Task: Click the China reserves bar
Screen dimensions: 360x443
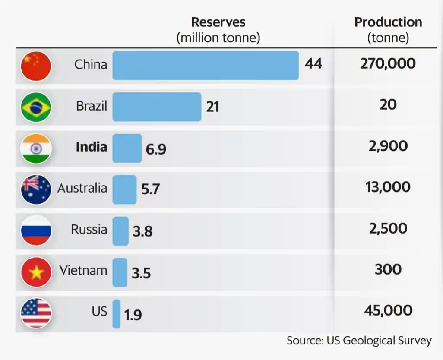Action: pos(206,65)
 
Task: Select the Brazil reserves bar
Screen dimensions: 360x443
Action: pos(157,107)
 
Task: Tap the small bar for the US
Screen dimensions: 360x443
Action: pos(117,314)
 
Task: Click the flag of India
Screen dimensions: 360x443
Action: pos(36,148)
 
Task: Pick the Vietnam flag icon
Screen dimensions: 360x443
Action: pos(36,272)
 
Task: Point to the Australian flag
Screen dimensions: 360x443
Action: pos(36,189)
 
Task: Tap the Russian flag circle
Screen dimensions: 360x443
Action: pos(36,231)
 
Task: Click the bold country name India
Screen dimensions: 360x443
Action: pos(92,147)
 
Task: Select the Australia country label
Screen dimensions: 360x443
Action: pos(82,188)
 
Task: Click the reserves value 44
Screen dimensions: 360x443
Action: pos(313,64)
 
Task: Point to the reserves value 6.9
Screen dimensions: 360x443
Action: pos(156,149)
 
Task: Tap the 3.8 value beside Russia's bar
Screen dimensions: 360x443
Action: pos(142,232)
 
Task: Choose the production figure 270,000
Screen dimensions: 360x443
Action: pos(388,64)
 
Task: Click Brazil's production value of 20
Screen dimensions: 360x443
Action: pos(388,105)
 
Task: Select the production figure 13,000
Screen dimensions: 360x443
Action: pos(388,187)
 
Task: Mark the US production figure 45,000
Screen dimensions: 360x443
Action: pos(388,310)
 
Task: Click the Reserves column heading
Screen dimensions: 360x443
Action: pos(218,22)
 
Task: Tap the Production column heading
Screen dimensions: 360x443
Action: pos(388,22)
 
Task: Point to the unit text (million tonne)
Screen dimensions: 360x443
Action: pos(218,38)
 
